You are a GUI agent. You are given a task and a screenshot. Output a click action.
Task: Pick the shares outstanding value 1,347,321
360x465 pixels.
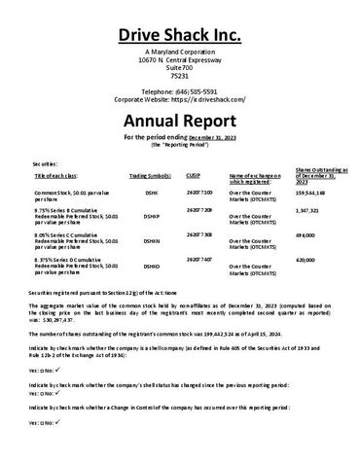(307, 210)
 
